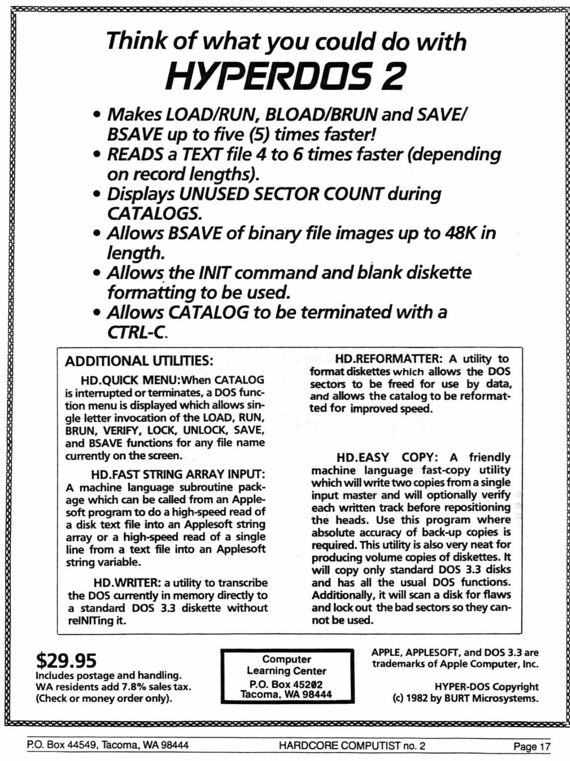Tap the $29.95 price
click(66, 660)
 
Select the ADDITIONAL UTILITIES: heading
click(139, 361)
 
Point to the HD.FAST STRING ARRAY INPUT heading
click(178, 474)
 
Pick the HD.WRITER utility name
click(127, 583)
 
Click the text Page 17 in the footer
click(532, 746)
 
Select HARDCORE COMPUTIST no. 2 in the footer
click(352, 746)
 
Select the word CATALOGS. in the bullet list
click(154, 213)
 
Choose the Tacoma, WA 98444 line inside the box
click(286, 694)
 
